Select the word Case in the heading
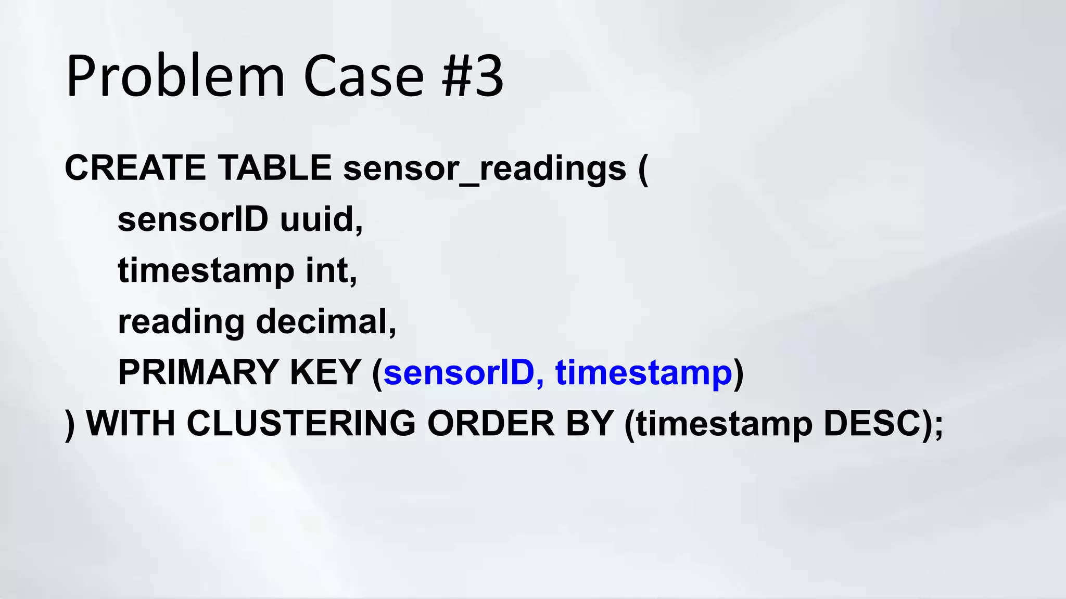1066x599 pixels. click(x=363, y=77)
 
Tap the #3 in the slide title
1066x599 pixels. click(x=473, y=77)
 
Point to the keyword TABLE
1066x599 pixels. click(x=275, y=168)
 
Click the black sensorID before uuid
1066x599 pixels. click(x=193, y=219)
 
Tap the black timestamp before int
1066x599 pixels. click(x=206, y=271)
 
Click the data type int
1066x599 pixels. click(x=331, y=270)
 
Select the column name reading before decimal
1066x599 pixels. click(x=181, y=322)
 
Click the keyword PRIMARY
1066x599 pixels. click(x=198, y=372)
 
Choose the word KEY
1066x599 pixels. click(x=325, y=372)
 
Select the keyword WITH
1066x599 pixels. click(x=131, y=423)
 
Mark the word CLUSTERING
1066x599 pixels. click(x=301, y=423)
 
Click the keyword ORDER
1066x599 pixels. click(x=491, y=423)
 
